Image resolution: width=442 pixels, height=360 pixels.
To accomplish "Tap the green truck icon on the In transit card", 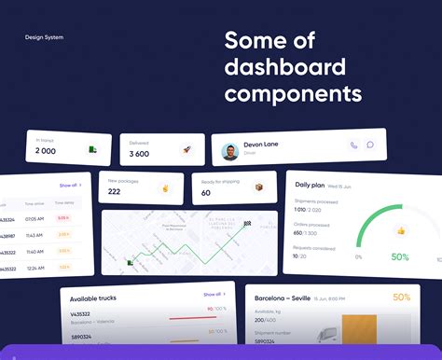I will (92, 149).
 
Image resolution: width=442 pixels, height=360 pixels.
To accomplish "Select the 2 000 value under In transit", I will (46, 151).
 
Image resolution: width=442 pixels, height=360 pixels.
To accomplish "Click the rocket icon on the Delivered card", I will (186, 149).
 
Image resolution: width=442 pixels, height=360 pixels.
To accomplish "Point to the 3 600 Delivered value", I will (139, 153).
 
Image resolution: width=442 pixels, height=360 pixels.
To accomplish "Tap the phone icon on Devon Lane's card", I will (353, 145).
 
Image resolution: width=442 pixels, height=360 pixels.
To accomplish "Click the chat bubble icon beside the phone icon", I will (370, 145).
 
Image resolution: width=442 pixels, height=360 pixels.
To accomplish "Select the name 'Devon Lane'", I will (262, 143).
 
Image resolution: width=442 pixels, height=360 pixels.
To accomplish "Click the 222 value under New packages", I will (114, 192).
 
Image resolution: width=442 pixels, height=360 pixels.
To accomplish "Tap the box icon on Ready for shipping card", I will (258, 187).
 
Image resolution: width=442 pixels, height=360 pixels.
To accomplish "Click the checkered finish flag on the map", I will (247, 224).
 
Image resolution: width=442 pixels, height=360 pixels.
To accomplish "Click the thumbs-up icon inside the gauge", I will (400, 230).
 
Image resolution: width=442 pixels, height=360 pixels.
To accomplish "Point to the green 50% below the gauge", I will (400, 256).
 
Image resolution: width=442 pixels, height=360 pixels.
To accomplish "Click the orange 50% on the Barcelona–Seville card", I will (401, 298).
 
